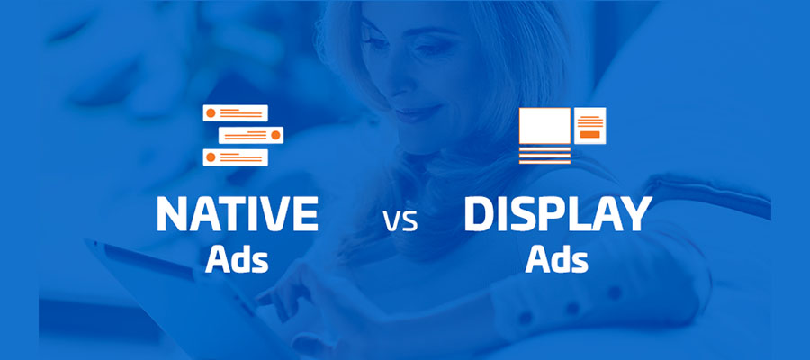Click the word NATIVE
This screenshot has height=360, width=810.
pyautogui.click(x=237, y=214)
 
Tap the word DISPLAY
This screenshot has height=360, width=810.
pyautogui.click(x=557, y=214)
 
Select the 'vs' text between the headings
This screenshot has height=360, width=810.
pyautogui.click(x=400, y=221)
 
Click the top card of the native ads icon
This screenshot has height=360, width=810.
pyautogui.click(x=235, y=113)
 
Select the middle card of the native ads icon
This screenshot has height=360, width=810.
pyautogui.click(x=251, y=135)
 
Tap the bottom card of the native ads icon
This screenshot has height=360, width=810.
pyautogui.click(x=235, y=157)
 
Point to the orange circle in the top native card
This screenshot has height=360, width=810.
pyautogui.click(x=211, y=113)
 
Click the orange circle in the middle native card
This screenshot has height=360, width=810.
pyautogui.click(x=276, y=135)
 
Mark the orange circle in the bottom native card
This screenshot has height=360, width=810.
pyautogui.click(x=211, y=157)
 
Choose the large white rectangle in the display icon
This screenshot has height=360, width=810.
pyautogui.click(x=545, y=126)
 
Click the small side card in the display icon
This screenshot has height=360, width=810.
pyautogui.click(x=589, y=126)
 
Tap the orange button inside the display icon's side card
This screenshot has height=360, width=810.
pyautogui.click(x=589, y=135)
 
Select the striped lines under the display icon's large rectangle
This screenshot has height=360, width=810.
pyautogui.click(x=545, y=156)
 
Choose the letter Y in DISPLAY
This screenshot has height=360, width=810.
pyautogui.click(x=636, y=214)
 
